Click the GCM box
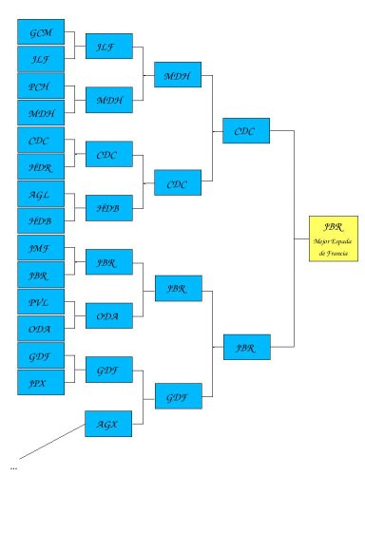[x=41, y=32]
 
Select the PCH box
[x=41, y=86]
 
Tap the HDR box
[x=41, y=167]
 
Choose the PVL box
[x=41, y=303]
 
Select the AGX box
[x=108, y=424]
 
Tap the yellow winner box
[x=333, y=238]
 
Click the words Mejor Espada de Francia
[x=333, y=246]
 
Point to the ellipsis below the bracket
[x=13, y=468]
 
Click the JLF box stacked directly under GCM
[x=41, y=59]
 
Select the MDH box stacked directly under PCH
[x=41, y=113]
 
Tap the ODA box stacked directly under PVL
[x=41, y=330]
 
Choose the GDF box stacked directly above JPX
[x=41, y=357]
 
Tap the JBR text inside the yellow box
[x=333, y=227]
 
